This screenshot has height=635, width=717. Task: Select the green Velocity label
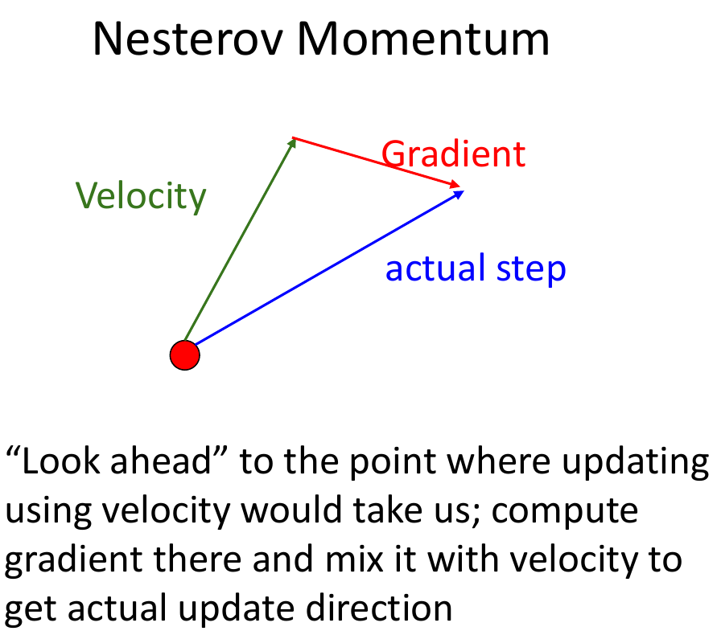click(x=141, y=195)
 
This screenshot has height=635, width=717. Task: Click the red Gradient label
click(x=453, y=154)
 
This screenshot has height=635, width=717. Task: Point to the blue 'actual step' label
click(x=476, y=268)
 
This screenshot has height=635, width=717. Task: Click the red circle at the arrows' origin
click(x=184, y=355)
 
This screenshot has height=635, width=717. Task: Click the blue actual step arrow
click(x=322, y=273)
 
